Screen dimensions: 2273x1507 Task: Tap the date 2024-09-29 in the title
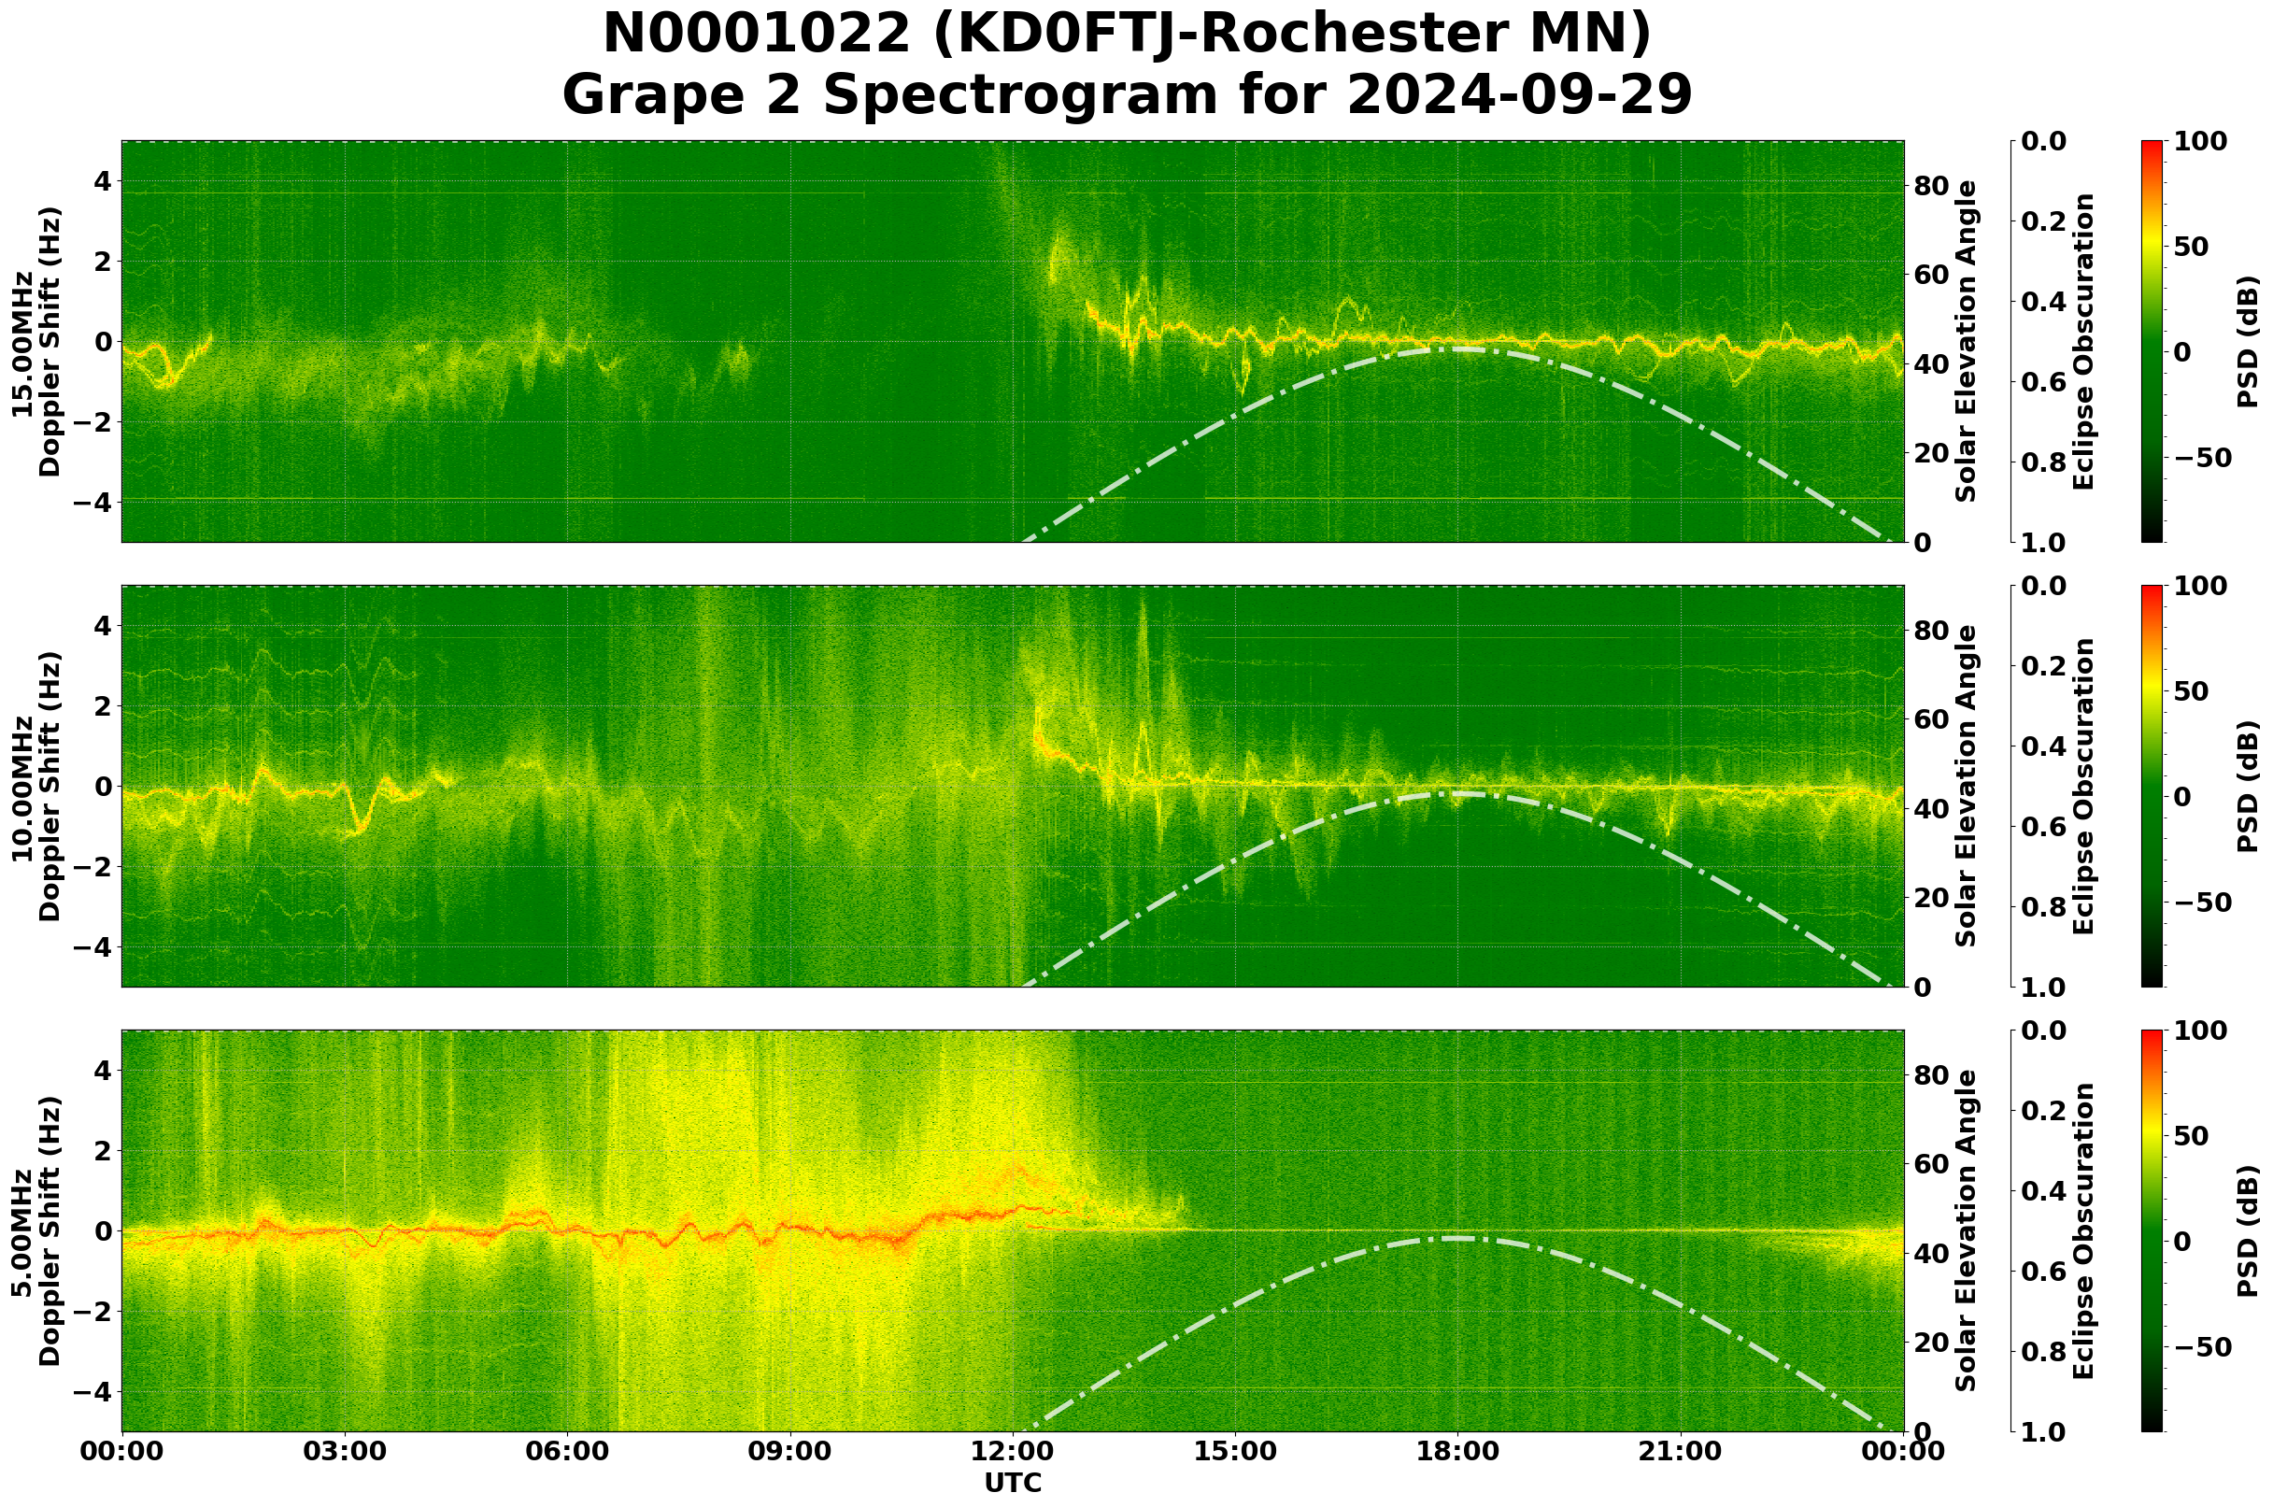coord(1518,95)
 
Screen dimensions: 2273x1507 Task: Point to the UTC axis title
coord(1013,1483)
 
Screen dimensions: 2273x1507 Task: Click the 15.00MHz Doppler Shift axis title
coord(36,342)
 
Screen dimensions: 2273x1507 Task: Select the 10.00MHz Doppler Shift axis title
coord(36,786)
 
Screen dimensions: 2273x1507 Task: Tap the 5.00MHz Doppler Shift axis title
coord(36,1231)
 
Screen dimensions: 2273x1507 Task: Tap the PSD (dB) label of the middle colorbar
coord(2247,786)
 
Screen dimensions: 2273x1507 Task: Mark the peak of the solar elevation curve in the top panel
coord(1457,348)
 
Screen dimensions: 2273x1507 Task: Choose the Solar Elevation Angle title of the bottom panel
coord(1967,1231)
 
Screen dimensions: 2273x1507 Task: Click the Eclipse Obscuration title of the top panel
coord(2082,342)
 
